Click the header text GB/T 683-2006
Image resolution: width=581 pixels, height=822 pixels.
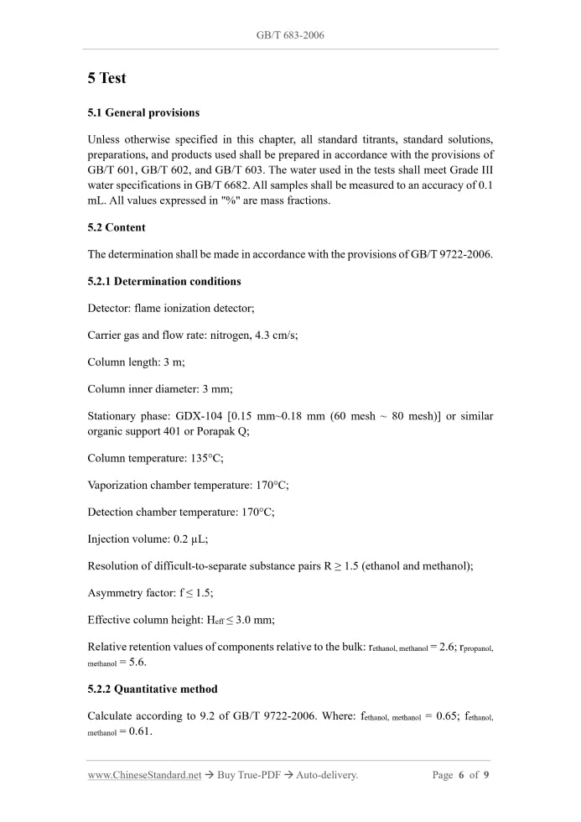pos(290,35)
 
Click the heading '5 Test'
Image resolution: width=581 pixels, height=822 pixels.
pos(106,78)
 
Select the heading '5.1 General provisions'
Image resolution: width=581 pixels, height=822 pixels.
pos(143,112)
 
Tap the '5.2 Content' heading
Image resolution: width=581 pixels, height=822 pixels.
pos(117,227)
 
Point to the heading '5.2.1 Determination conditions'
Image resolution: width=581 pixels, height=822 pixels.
pos(164,281)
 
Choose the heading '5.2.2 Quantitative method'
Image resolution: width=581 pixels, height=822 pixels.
pos(153,689)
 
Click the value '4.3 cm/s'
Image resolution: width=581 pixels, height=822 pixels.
pos(276,335)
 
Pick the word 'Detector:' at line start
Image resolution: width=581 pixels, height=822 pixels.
pos(109,308)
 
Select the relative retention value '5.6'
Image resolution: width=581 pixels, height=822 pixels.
pos(137,661)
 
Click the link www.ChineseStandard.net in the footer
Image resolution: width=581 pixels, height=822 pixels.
pos(144,775)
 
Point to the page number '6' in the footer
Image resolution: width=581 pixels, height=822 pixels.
pos(461,775)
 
